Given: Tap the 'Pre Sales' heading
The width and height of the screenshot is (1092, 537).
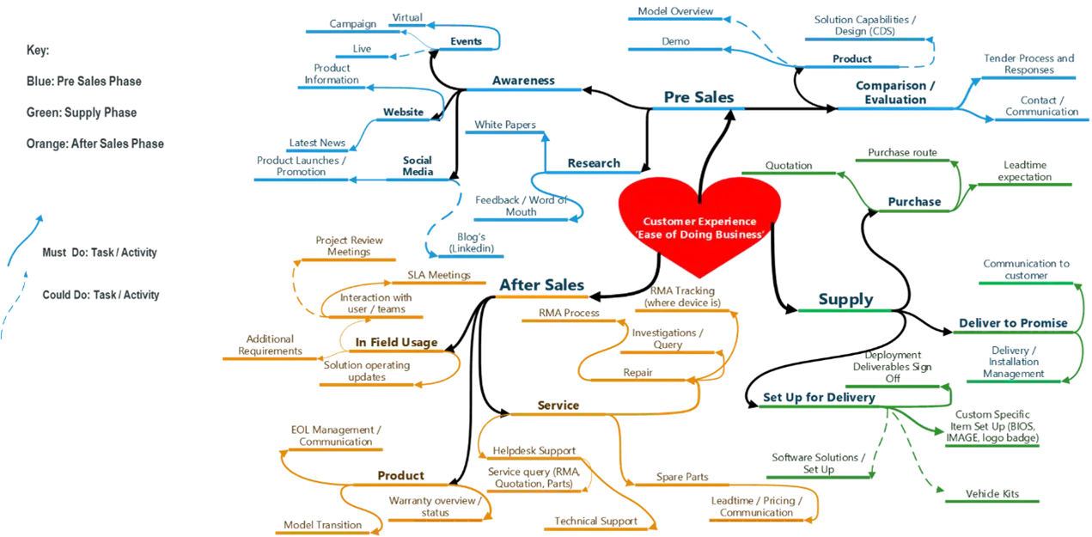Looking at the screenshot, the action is click(x=699, y=97).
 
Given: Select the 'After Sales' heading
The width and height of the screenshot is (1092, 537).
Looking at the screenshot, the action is click(x=541, y=285).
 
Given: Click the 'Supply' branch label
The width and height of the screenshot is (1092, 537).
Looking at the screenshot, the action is click(x=845, y=299).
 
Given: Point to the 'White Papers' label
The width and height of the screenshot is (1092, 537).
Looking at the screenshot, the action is click(x=505, y=125).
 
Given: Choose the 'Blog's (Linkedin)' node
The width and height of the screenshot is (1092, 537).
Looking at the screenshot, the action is click(x=471, y=242).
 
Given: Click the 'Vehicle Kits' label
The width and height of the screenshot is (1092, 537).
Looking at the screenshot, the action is click(x=992, y=493).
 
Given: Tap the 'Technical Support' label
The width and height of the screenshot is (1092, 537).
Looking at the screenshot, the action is click(x=595, y=521).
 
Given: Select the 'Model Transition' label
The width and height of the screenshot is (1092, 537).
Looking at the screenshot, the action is click(x=323, y=525).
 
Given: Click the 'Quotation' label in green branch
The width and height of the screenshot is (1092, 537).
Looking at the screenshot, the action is click(x=789, y=165).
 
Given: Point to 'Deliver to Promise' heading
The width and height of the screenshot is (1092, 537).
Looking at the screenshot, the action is click(x=1013, y=323).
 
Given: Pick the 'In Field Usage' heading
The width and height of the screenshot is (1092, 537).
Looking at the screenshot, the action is click(x=396, y=343).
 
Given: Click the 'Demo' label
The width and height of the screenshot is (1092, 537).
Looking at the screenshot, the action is click(x=675, y=41).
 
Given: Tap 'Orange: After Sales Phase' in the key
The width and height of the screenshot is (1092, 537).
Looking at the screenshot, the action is click(x=95, y=143).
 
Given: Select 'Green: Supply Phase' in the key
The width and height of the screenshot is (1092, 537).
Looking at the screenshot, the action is click(x=82, y=113).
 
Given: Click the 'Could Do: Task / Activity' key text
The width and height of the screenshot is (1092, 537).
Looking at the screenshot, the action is click(x=101, y=295).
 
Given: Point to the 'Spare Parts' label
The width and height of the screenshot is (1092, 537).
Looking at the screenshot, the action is click(x=682, y=477).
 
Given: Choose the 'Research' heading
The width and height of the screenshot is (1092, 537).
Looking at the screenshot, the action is click(x=594, y=163).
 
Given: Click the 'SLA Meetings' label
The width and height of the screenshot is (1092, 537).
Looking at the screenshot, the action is click(x=439, y=275).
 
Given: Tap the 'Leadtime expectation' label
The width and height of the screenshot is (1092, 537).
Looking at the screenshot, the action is click(x=1025, y=171).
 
